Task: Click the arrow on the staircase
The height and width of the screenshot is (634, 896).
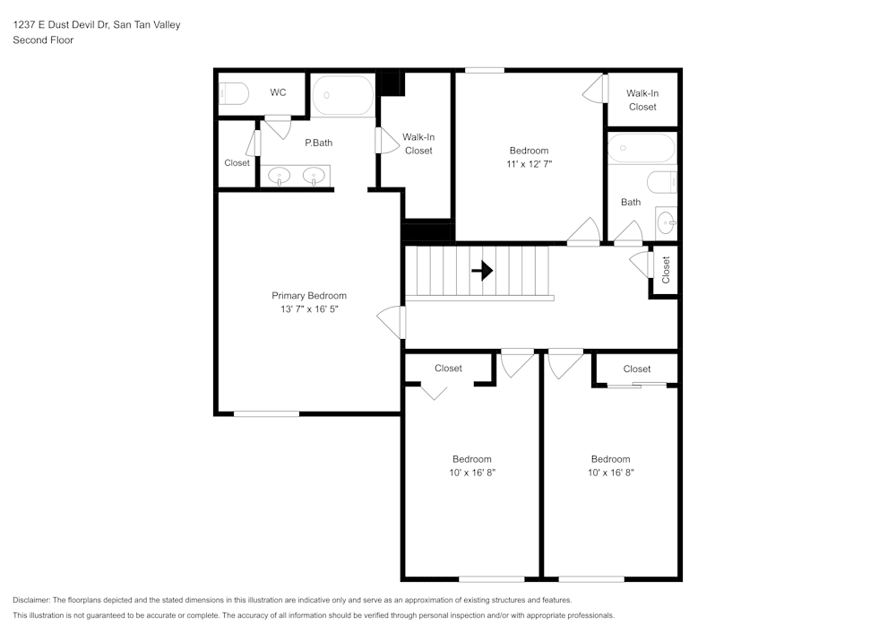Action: tap(482, 270)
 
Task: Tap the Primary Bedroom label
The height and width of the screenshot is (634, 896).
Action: tap(309, 296)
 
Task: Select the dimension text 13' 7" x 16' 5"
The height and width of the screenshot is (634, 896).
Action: tap(309, 309)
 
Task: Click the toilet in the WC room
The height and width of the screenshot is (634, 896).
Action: tap(234, 92)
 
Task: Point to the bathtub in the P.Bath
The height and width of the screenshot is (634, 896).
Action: tap(342, 95)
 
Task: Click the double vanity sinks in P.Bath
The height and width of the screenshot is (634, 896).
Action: tap(296, 176)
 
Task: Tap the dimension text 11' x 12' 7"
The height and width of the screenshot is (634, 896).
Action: tap(529, 164)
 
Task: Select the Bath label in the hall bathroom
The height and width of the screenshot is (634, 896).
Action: tap(631, 202)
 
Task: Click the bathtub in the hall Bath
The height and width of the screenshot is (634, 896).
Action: tap(642, 147)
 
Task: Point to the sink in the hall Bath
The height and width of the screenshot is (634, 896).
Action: tap(666, 221)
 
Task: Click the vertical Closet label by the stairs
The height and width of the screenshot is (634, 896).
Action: tap(666, 270)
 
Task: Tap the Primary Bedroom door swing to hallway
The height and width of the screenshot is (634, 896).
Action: tap(392, 322)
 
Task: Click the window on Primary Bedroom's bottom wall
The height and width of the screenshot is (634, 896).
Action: tap(266, 413)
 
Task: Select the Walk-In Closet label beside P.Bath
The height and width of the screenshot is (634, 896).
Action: tap(418, 143)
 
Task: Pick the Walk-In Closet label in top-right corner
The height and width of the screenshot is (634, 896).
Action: tap(642, 100)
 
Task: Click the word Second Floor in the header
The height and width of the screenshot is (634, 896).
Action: tap(43, 40)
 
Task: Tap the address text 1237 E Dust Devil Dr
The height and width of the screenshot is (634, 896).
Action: tap(61, 25)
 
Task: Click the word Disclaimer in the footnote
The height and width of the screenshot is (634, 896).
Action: tap(31, 600)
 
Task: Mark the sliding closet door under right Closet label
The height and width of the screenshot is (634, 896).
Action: tap(637, 386)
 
